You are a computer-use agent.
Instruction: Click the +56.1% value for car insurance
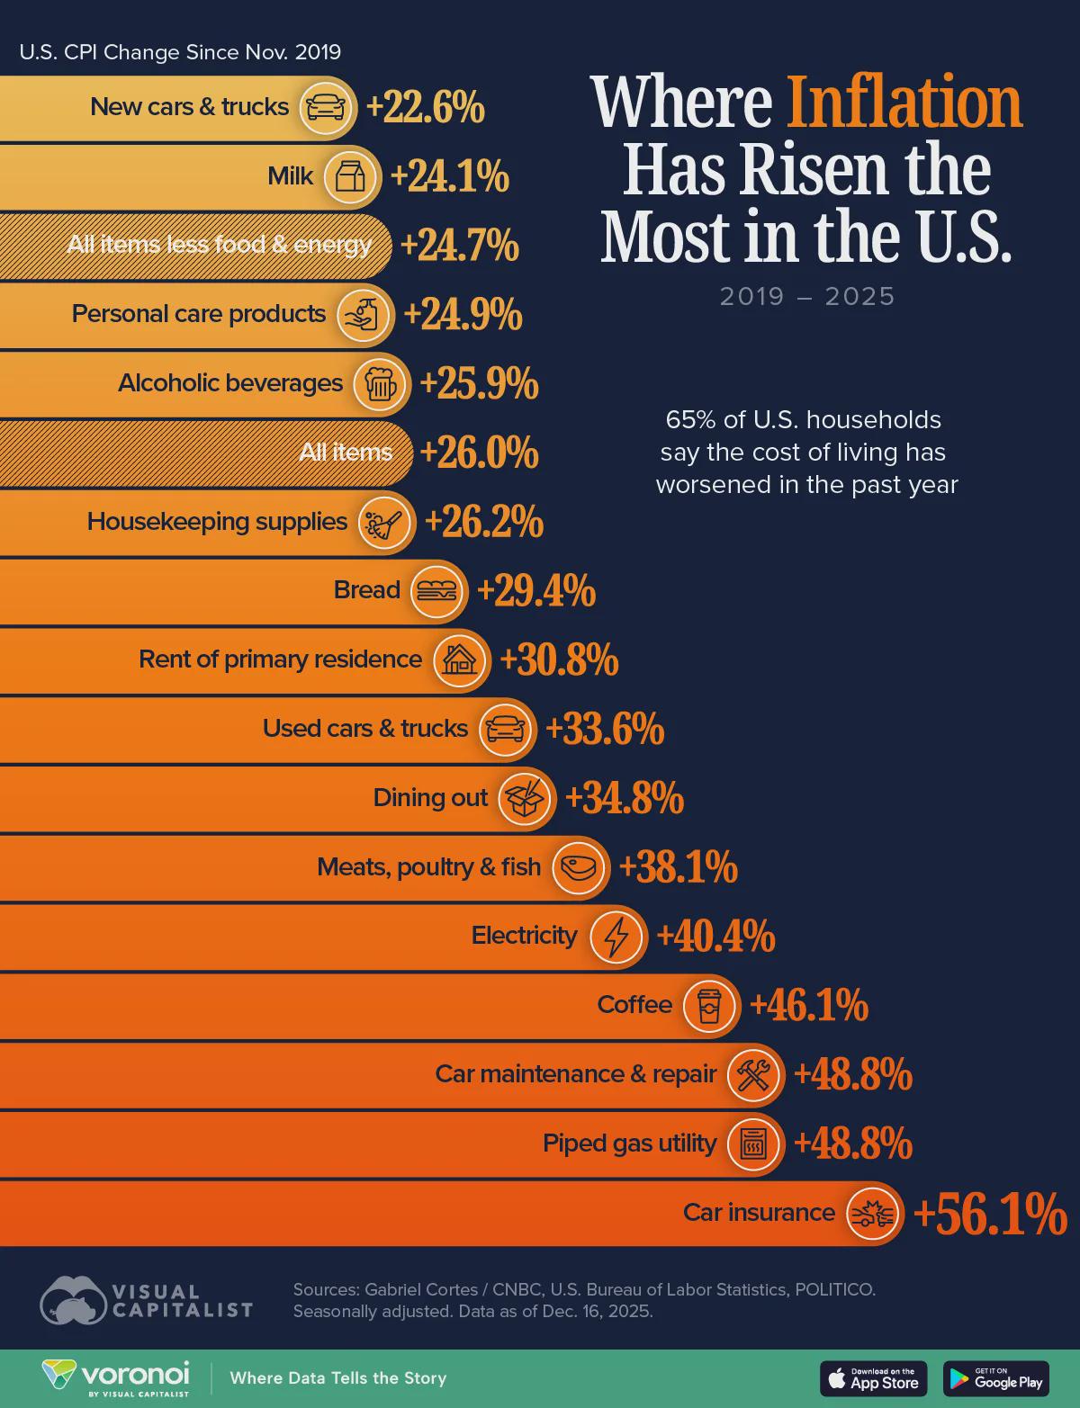coord(989,1214)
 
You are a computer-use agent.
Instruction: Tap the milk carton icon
coord(351,176)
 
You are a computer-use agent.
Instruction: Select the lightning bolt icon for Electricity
coord(616,937)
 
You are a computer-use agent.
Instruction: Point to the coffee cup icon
coord(709,1006)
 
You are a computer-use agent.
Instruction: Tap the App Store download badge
coord(873,1378)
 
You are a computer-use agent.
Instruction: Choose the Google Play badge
coord(996,1378)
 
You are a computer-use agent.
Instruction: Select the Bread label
coord(366,590)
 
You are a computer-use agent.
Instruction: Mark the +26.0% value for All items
coord(479,453)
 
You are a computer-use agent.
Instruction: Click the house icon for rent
coord(460,660)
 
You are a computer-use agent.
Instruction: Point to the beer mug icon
coord(380,384)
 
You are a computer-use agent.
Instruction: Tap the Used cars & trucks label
coord(364,729)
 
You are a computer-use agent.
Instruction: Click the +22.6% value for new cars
coord(425,108)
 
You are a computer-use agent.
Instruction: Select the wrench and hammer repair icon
coord(753,1075)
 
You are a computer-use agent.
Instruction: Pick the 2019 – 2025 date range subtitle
coord(807,296)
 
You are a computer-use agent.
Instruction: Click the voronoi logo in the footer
coord(117,1378)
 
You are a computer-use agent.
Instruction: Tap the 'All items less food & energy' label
coord(219,245)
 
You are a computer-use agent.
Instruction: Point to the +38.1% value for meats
coord(679,868)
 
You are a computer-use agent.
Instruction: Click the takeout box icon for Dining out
coord(524,799)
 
